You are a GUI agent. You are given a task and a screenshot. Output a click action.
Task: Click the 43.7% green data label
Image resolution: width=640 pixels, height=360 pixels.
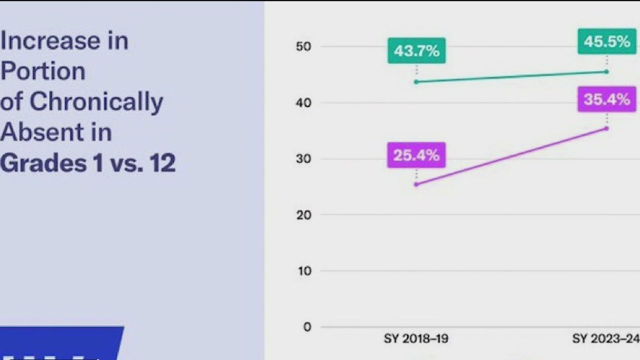tap(416, 51)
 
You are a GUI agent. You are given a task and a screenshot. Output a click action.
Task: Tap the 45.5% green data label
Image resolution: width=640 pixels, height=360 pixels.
tap(607, 42)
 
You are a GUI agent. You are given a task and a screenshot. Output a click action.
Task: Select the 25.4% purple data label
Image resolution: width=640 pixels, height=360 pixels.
tap(416, 156)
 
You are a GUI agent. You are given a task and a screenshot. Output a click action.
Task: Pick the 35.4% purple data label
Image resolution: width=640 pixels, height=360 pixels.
tap(607, 99)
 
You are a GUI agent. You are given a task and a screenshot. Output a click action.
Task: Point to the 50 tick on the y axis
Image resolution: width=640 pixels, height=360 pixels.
tap(303, 47)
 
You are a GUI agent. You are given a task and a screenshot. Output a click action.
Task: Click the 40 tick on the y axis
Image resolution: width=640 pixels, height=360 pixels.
tap(303, 103)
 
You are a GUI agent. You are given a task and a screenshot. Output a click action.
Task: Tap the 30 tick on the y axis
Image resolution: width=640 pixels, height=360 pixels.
tap(303, 159)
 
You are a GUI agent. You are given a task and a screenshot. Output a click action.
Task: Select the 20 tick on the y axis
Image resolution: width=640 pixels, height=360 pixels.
tap(303, 215)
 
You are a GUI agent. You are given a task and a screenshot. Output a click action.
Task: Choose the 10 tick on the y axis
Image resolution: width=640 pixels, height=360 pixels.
tap(303, 271)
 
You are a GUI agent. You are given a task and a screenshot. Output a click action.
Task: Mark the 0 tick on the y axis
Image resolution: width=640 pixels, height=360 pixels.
tap(306, 327)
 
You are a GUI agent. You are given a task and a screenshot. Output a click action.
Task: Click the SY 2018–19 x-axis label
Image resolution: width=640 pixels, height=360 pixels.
tap(416, 339)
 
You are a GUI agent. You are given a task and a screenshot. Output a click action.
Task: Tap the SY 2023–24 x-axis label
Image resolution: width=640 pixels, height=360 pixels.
tap(605, 339)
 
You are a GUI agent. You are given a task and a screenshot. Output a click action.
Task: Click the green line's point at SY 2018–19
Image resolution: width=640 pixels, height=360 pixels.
tap(416, 82)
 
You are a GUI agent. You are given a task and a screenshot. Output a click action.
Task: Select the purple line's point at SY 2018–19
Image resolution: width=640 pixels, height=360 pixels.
tap(416, 184)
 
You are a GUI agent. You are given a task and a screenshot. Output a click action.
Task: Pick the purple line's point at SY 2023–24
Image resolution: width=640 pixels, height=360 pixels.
tap(607, 128)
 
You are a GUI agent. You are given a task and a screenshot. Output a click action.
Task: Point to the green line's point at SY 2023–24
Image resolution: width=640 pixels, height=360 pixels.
tap(607, 72)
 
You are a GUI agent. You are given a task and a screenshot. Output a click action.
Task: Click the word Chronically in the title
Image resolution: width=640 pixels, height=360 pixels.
tap(96, 102)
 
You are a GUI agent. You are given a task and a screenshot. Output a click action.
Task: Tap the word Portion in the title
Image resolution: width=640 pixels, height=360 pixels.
tap(43, 72)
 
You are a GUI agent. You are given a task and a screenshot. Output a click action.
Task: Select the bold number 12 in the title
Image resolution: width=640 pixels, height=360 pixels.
tap(161, 163)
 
